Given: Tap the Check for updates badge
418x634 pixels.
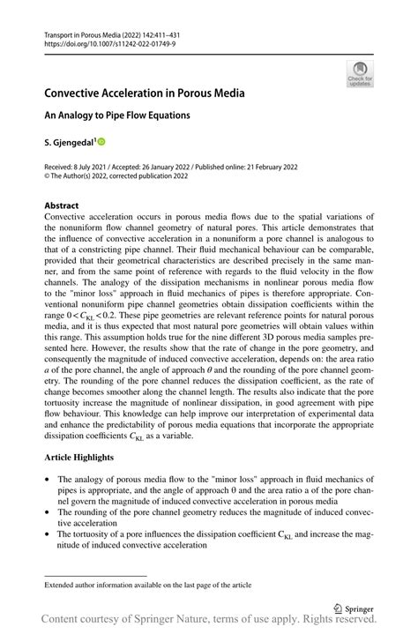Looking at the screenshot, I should click(359, 74).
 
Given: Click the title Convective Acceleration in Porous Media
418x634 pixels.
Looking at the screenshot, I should click(145, 93).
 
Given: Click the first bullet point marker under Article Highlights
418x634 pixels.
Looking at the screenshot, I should click(47, 479).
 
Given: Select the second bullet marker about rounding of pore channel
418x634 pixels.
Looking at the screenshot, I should click(47, 511).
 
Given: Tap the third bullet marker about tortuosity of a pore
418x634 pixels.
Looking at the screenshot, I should click(47, 533).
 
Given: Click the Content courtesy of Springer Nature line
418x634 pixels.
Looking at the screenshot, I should click(209, 623).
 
